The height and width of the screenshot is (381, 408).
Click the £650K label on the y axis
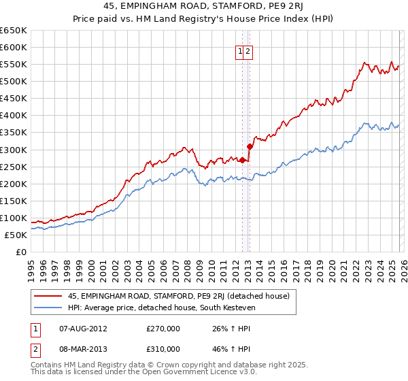(x=14, y=31)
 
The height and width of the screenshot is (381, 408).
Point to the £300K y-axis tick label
(x=14, y=150)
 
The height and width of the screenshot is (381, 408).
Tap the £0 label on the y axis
(x=20, y=252)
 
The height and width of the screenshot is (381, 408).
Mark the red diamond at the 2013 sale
(x=250, y=146)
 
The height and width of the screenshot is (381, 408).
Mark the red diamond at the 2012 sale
(x=242, y=160)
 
